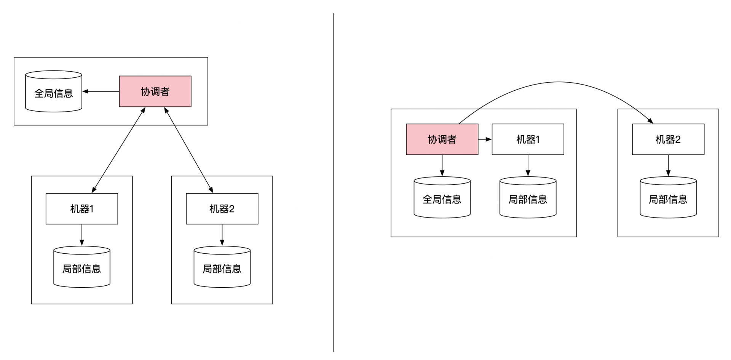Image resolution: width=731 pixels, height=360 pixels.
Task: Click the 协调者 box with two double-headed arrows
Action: pyautogui.click(x=155, y=91)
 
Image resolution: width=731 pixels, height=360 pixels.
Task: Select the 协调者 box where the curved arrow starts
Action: pyautogui.click(x=442, y=139)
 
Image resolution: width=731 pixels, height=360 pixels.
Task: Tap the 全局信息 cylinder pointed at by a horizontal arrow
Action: pyautogui.click(x=54, y=91)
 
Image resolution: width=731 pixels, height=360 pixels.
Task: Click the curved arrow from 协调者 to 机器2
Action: pyautogui.click(x=558, y=82)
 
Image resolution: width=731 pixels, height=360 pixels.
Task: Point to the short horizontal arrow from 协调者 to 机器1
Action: pyautogui.click(x=485, y=139)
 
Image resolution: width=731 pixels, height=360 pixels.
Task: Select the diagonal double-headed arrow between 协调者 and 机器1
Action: pyautogui.click(x=118, y=150)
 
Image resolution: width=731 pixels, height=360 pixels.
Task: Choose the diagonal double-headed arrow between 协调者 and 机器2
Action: pyautogui.click(x=188, y=150)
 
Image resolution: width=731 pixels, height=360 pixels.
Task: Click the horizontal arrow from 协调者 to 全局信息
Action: pyautogui.click(x=101, y=91)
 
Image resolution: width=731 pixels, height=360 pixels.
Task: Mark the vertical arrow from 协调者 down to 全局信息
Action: pyautogui.click(x=442, y=165)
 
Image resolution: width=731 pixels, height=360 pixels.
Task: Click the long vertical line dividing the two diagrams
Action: pyautogui.click(x=333, y=183)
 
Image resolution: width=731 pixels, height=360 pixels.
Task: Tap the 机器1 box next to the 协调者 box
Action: pyautogui.click(x=528, y=139)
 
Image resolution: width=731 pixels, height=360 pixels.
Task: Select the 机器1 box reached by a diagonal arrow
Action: pyautogui.click(x=82, y=209)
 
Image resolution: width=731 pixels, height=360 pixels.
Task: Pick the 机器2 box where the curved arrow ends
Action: pyautogui.click(x=668, y=139)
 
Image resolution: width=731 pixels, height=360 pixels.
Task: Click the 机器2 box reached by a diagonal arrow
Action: pyautogui.click(x=222, y=209)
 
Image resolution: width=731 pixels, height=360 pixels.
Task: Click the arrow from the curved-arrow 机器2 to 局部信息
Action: pyautogui.click(x=668, y=165)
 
